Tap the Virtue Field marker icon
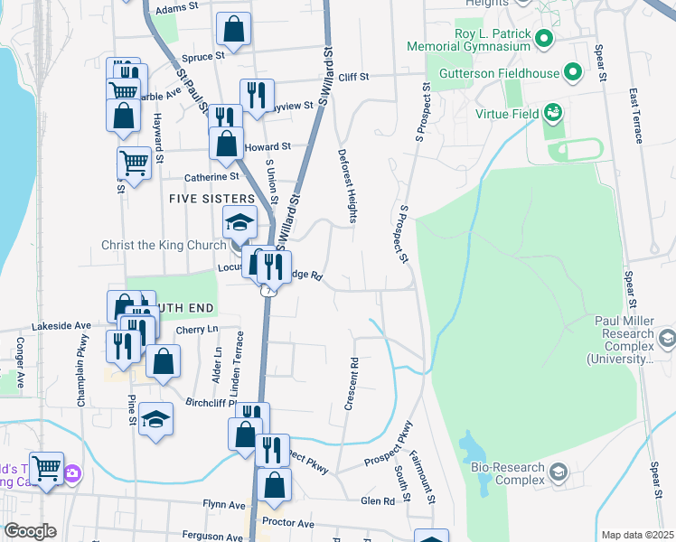coord(553,114)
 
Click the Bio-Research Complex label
coord(507,473)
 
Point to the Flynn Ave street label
coord(224,504)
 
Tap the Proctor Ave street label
coord(286,524)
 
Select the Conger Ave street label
coord(19,362)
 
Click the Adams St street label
coord(176,9)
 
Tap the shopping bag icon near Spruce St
coord(234,29)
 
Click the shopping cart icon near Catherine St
coord(133,164)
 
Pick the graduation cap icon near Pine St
coord(155,419)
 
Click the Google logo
coord(29,531)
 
